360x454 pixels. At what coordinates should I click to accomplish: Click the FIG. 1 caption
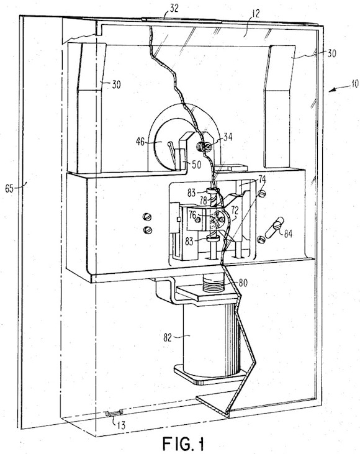pyautogui.click(x=183, y=443)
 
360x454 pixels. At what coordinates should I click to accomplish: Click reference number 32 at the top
pyautogui.click(x=174, y=9)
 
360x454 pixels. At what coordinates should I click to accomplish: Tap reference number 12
pyautogui.click(x=255, y=13)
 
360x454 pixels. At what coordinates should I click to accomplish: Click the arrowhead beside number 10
pyautogui.click(x=332, y=90)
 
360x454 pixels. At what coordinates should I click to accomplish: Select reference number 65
pyautogui.click(x=9, y=189)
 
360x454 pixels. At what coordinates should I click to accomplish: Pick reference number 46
pyautogui.click(x=140, y=142)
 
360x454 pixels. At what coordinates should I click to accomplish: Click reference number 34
pyautogui.click(x=228, y=137)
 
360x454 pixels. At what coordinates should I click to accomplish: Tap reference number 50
pyautogui.click(x=197, y=165)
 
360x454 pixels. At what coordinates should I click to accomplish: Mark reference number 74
pyautogui.click(x=262, y=179)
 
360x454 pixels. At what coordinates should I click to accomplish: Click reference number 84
pyautogui.click(x=288, y=234)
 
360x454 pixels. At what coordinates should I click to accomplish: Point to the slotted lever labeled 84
pyautogui.click(x=276, y=227)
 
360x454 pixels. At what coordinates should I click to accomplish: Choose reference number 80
pyautogui.click(x=243, y=283)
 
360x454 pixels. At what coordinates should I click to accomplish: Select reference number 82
pyautogui.click(x=168, y=338)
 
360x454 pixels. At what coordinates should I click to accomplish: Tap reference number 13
pyautogui.click(x=122, y=425)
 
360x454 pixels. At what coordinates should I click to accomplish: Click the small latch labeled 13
pyautogui.click(x=114, y=414)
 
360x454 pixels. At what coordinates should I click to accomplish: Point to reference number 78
pyautogui.click(x=204, y=200)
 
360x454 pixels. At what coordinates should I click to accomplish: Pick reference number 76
pyautogui.click(x=192, y=215)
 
